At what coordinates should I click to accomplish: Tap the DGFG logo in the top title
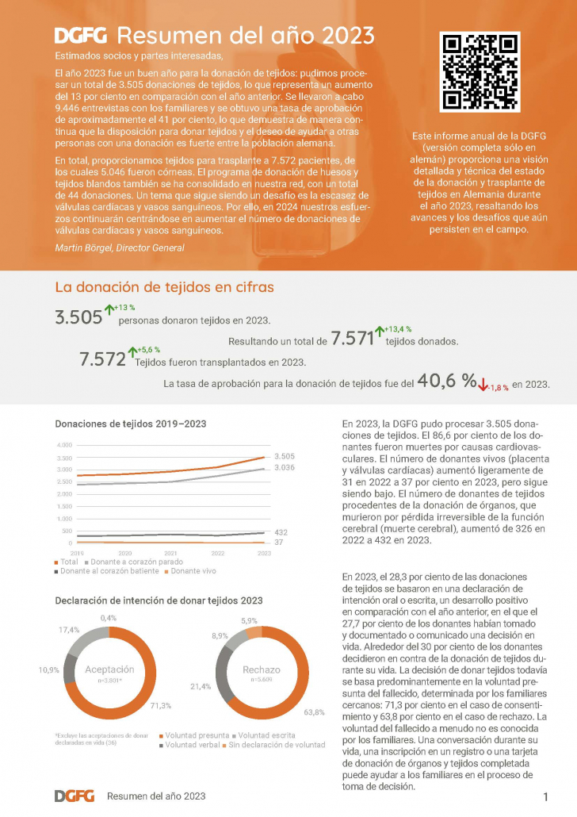[82, 36]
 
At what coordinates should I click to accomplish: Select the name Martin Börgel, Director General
[119, 248]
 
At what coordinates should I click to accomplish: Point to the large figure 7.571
[352, 339]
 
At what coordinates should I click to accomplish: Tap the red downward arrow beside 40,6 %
[483, 385]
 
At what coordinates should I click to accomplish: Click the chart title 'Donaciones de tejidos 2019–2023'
[130, 424]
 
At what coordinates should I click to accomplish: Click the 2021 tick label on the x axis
[170, 552]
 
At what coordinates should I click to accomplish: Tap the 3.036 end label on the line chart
[285, 468]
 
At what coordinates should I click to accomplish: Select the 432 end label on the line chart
[281, 532]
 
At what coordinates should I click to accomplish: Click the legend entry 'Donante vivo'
[193, 570]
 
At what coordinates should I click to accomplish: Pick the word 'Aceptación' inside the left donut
[109, 669]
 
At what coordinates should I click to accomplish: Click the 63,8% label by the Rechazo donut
[314, 712]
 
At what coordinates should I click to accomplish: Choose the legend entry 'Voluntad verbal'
[191, 745]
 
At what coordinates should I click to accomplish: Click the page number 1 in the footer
[546, 796]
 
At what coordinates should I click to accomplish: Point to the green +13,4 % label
[399, 328]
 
